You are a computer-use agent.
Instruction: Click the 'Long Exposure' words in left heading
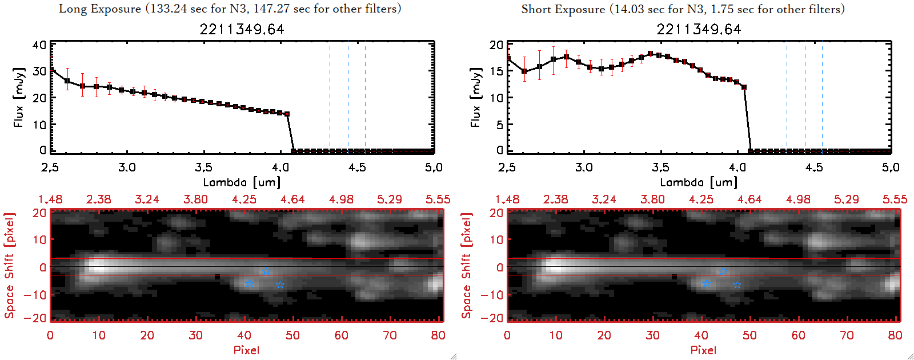(100, 9)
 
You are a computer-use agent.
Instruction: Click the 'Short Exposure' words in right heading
(563, 9)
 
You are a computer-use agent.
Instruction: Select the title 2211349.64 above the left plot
(242, 29)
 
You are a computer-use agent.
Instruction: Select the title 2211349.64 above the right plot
(699, 29)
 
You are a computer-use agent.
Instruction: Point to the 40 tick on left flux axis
(39, 45)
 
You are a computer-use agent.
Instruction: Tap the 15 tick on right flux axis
(496, 71)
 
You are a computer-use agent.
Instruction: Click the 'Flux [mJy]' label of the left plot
(19, 97)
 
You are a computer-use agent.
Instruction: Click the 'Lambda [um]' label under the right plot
(699, 182)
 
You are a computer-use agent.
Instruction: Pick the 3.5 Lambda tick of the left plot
(203, 167)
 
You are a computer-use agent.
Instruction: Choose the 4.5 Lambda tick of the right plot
(814, 167)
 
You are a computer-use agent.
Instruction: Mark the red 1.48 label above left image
(50, 199)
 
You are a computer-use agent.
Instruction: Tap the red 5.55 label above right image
(895, 199)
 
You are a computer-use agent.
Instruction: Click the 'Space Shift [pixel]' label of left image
(10, 266)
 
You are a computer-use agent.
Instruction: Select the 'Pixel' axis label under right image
(703, 350)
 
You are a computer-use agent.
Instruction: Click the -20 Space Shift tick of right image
(492, 318)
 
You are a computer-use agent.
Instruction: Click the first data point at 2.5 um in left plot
(51, 70)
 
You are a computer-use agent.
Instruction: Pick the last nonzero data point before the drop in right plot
(744, 87)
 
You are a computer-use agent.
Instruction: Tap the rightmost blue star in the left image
(280, 285)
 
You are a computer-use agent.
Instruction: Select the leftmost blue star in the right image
(706, 284)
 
